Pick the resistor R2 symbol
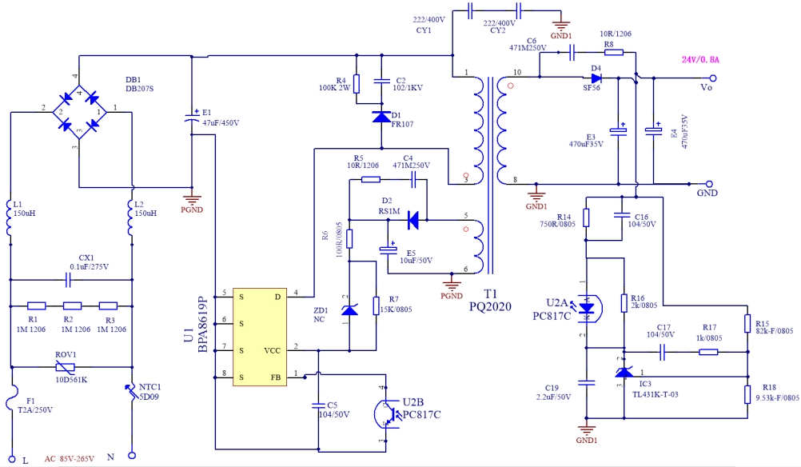tap(74, 305)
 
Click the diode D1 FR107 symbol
tap(381, 117)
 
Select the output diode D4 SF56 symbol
tap(596, 78)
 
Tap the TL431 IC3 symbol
tap(623, 372)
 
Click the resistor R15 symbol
tap(747, 323)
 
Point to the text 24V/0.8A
tap(701, 60)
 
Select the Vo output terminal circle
tap(713, 78)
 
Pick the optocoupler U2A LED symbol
tap(588, 307)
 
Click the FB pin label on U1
tap(275, 375)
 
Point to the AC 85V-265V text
tap(70, 458)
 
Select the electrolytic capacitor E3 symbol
tap(620, 130)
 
